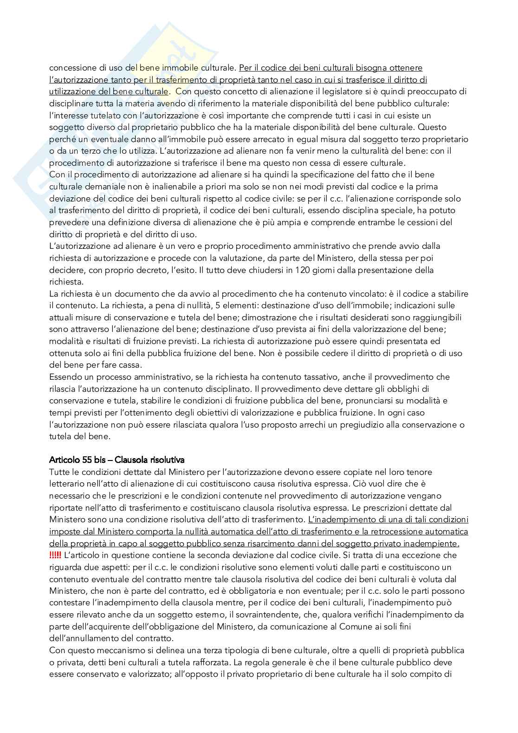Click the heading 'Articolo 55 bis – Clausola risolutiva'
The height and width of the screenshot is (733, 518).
[117, 460]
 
